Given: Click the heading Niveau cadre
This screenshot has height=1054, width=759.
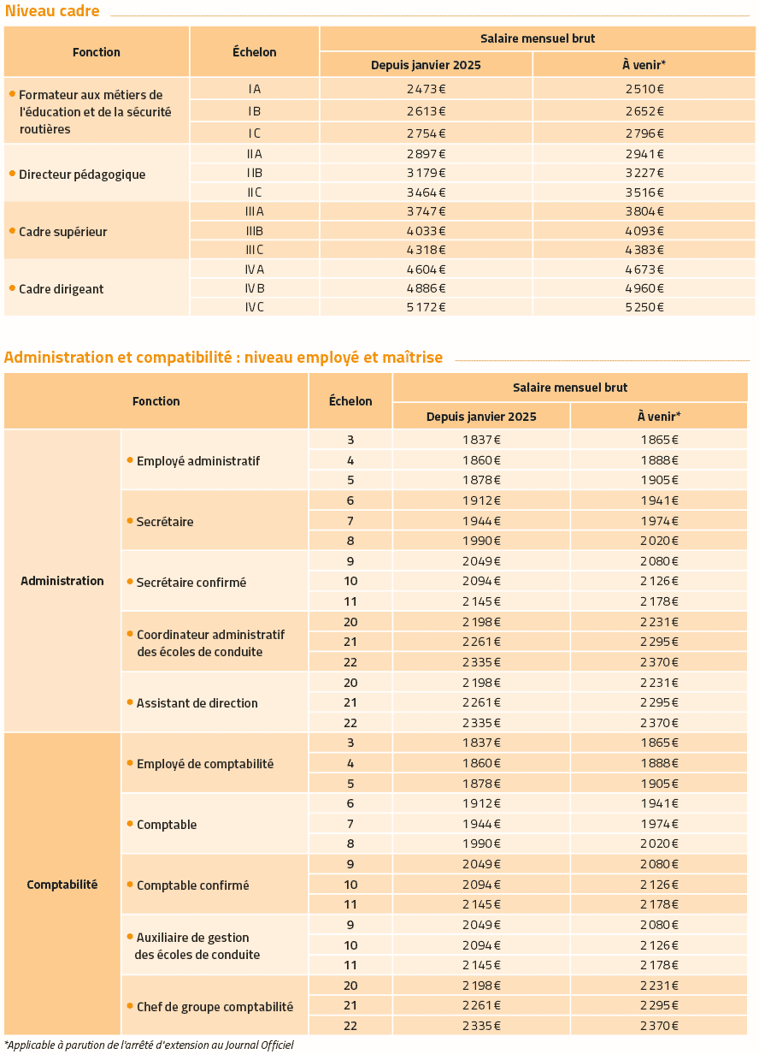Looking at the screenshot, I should [x=52, y=11].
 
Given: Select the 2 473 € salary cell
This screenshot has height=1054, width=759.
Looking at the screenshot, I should [x=426, y=89].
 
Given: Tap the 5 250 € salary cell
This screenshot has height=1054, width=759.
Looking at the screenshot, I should [x=644, y=307].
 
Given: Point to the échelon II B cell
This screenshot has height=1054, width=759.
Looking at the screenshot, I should [x=254, y=173].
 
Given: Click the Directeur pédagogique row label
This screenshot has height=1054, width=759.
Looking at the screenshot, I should [x=82, y=175].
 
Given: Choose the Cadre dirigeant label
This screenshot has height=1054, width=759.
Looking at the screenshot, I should [x=62, y=289].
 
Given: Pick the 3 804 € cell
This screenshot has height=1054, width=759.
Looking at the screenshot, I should [x=644, y=211].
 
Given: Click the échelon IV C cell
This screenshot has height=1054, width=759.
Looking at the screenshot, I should [x=254, y=307].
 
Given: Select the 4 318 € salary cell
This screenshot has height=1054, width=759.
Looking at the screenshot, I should [x=426, y=250].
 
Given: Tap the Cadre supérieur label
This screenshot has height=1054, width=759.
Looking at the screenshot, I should [x=63, y=232].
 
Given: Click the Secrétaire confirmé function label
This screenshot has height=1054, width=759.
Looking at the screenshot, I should [x=191, y=583].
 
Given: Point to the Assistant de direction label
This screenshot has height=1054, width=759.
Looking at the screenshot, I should [x=197, y=703].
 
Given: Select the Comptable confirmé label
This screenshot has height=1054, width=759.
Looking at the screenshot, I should [x=192, y=885].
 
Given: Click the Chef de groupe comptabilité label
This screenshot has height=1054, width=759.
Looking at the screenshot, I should [x=215, y=1007].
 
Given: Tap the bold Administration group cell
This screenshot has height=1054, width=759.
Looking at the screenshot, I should [x=62, y=581].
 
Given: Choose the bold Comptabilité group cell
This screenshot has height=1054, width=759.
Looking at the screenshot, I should [x=62, y=885].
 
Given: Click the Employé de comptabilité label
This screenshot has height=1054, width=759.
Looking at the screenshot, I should [x=205, y=764].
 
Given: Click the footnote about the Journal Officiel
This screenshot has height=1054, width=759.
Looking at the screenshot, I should [x=149, y=1045].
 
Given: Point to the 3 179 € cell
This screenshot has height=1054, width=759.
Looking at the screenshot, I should [x=426, y=173].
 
